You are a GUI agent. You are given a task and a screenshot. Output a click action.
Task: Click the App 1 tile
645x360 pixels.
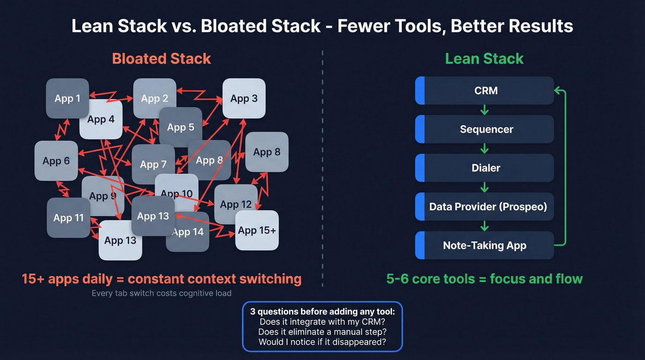67,98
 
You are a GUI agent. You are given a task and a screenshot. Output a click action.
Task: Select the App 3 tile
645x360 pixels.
244,98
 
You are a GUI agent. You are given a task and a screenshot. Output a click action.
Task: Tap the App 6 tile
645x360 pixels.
56,161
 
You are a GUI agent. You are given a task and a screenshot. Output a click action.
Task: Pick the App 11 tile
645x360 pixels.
68,218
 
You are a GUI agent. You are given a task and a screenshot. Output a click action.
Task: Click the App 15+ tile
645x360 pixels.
257,230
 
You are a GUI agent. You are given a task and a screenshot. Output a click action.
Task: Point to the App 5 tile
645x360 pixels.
181,127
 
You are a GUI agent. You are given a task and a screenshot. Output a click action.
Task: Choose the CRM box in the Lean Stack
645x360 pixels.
486,90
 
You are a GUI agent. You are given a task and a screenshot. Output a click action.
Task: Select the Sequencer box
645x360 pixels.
486,129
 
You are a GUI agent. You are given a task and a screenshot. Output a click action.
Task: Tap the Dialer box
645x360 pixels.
486,168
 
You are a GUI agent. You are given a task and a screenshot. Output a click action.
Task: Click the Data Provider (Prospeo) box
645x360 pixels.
487,207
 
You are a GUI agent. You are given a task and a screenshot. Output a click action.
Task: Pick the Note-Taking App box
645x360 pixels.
485,245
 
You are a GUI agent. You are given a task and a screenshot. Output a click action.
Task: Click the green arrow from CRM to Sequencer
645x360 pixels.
484,110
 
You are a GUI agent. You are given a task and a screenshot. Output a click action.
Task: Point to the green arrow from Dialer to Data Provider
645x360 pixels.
484,187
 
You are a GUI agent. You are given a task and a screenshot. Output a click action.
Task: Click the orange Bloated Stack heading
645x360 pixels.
161,59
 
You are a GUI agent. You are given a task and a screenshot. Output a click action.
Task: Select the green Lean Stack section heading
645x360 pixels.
484,59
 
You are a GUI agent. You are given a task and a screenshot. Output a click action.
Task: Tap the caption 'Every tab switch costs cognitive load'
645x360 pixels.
161,293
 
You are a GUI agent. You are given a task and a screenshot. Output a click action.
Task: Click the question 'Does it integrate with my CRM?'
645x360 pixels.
322,322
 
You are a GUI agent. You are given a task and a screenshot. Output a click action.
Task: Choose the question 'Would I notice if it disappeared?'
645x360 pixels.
322,342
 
